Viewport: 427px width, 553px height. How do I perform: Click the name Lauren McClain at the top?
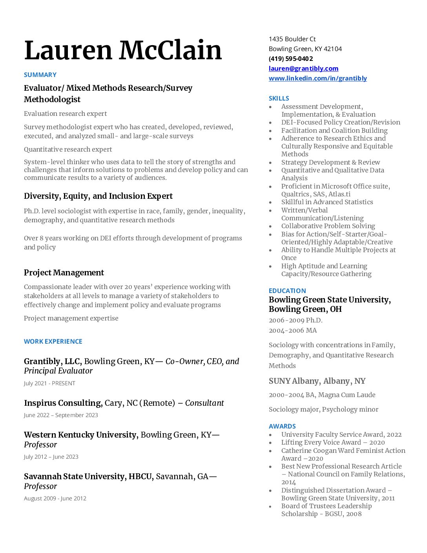(123, 51)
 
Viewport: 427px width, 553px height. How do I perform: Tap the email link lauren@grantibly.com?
(303, 68)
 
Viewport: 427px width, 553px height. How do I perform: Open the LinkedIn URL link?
(318, 78)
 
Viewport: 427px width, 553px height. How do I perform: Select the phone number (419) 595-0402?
(291, 59)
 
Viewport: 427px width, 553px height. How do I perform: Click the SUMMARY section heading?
(40, 75)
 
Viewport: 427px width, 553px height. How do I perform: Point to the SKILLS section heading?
(279, 98)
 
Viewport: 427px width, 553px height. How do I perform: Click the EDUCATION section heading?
(287, 291)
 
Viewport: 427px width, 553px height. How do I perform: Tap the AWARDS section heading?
(282, 426)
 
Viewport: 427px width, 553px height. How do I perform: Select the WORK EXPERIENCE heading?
(53, 341)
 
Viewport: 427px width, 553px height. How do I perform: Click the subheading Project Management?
(64, 273)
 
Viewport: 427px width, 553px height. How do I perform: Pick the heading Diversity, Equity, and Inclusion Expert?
(98, 196)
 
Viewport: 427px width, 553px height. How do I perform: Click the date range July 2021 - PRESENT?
(49, 383)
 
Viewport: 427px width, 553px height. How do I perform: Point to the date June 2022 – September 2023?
(61, 415)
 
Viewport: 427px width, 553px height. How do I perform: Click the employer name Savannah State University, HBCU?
(88, 476)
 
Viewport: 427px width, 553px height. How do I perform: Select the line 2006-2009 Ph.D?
(296, 320)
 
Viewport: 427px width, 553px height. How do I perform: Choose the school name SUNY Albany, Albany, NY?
(317, 381)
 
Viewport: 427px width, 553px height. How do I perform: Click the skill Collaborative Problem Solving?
(328, 226)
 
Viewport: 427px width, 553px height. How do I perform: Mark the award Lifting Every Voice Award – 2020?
(333, 442)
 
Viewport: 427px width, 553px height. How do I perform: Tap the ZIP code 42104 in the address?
(333, 49)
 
